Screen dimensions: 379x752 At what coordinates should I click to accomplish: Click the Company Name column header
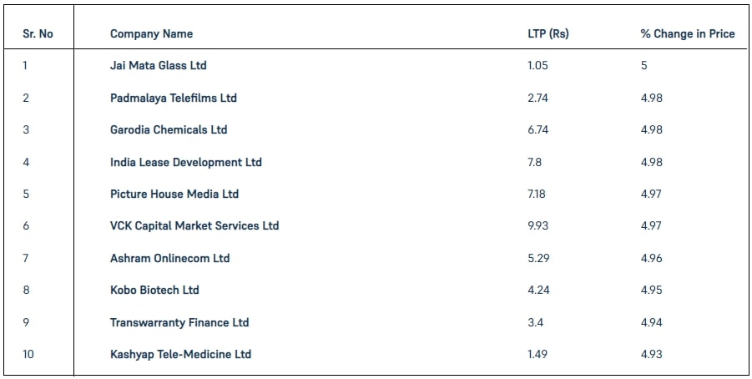click(x=151, y=34)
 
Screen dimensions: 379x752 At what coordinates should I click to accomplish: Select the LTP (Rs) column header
click(x=543, y=34)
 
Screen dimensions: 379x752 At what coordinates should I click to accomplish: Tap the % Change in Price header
click(x=688, y=34)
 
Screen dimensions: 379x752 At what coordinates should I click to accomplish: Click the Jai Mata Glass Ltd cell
click(x=158, y=66)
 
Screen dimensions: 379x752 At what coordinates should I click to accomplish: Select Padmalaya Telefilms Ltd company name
click(x=173, y=98)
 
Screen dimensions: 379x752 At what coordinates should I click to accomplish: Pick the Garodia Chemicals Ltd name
click(x=168, y=130)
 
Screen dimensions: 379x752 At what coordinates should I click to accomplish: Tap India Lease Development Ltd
click(x=185, y=162)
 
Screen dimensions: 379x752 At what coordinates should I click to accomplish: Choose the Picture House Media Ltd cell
click(x=174, y=194)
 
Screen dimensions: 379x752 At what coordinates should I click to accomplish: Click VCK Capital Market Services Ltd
click(x=194, y=226)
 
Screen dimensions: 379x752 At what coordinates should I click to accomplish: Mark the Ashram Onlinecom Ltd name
click(x=169, y=258)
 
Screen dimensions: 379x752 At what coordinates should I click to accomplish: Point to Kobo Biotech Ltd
click(x=154, y=291)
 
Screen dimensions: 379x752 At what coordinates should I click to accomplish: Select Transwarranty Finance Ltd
click(x=179, y=322)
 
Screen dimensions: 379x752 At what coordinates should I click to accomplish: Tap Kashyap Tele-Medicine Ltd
click(x=180, y=355)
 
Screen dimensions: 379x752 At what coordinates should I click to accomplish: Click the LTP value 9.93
click(x=538, y=226)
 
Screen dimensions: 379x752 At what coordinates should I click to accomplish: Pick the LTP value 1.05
click(x=538, y=66)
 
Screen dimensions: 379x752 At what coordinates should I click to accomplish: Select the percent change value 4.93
click(x=651, y=355)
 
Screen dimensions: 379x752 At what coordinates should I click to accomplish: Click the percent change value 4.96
click(x=651, y=258)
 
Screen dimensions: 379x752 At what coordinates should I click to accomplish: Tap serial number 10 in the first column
click(x=28, y=355)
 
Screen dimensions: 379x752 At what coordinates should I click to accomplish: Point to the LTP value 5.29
click(x=538, y=258)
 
